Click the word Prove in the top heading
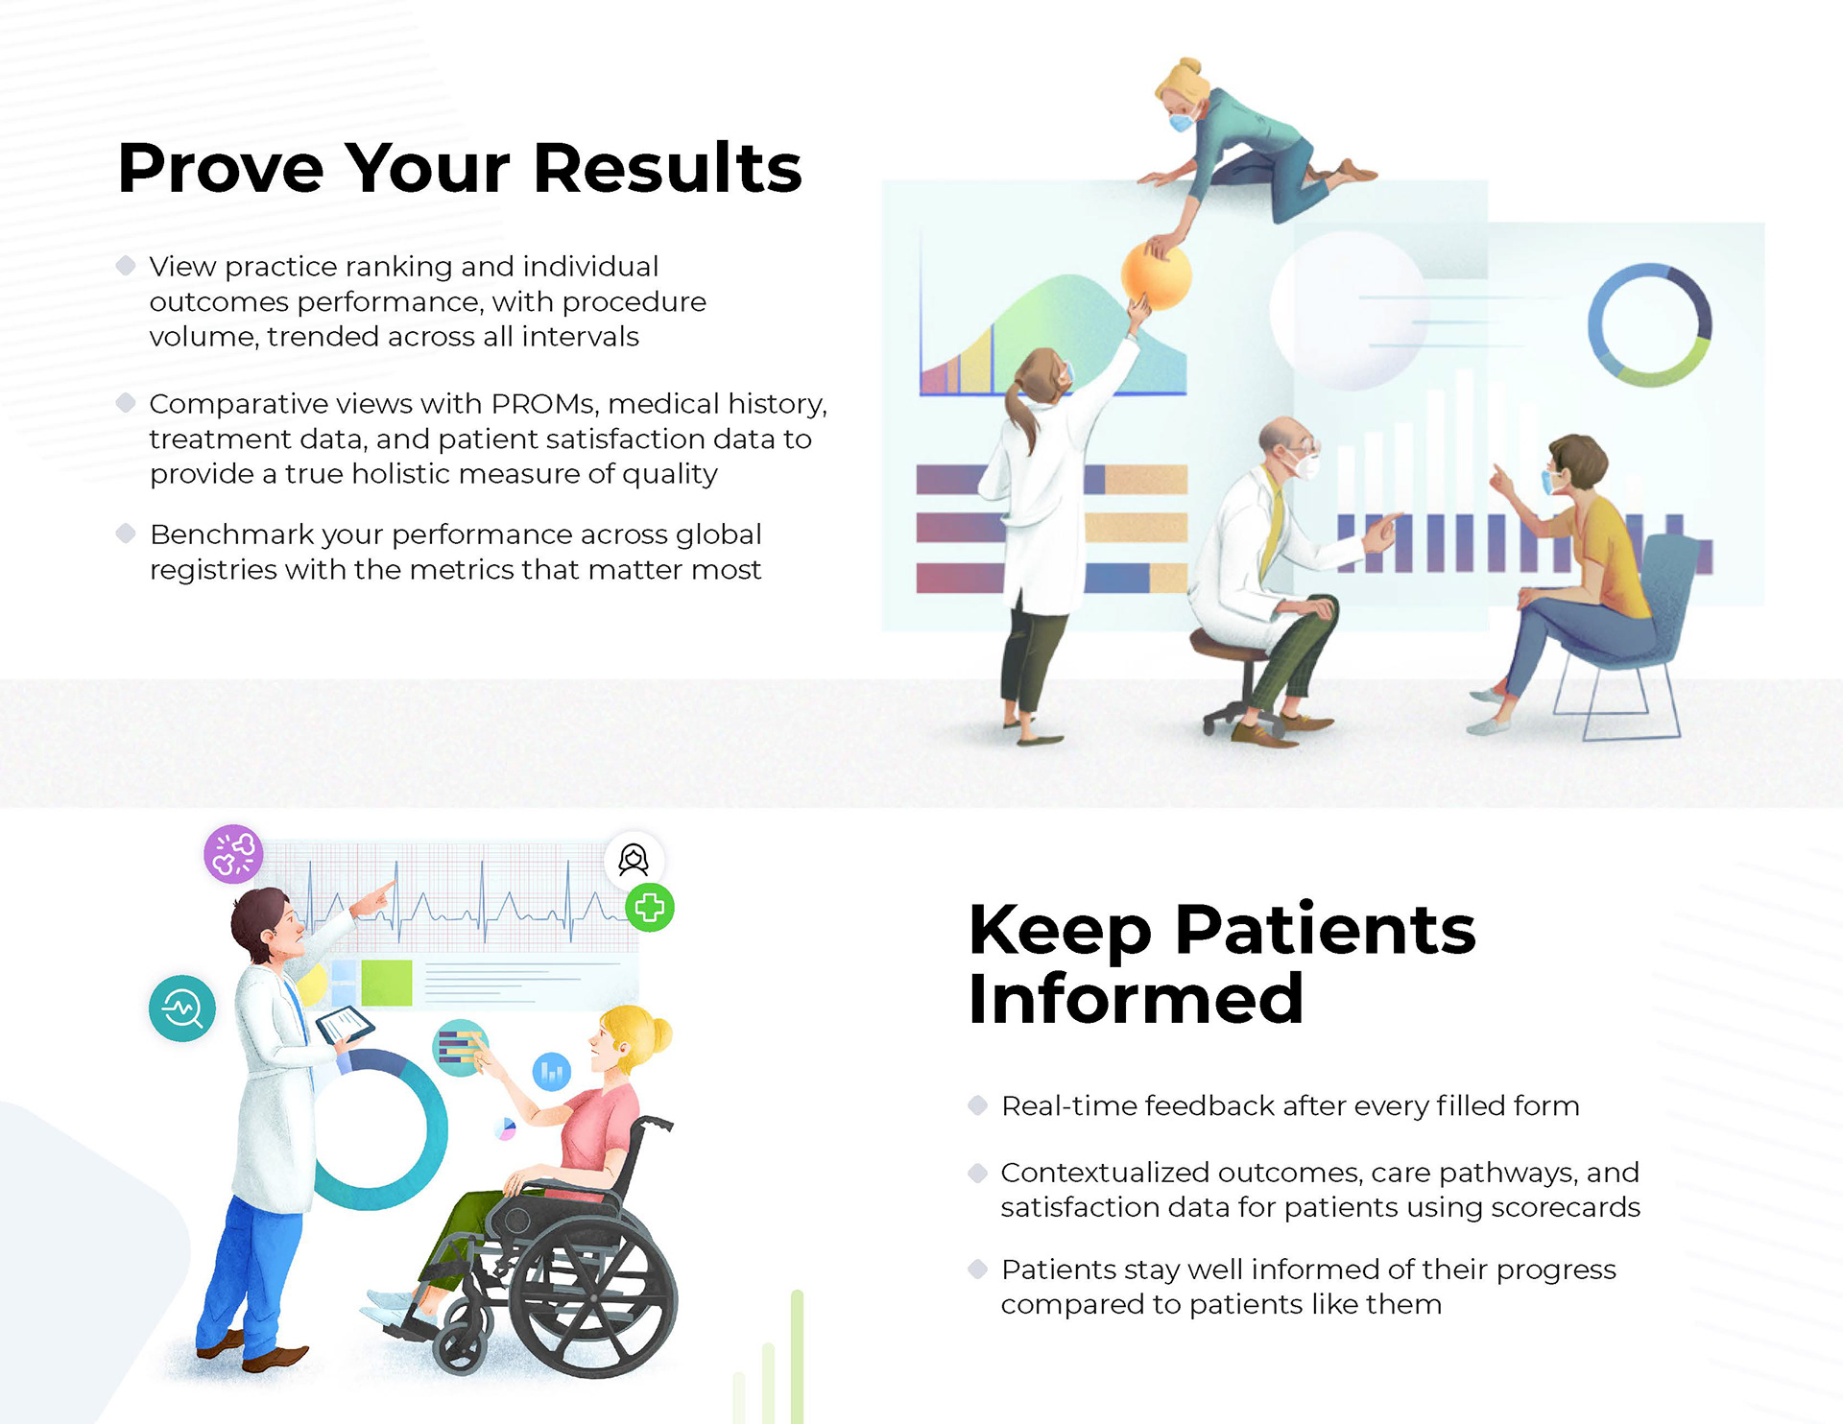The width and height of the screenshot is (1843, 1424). (221, 168)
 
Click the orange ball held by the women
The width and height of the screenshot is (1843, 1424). (1156, 276)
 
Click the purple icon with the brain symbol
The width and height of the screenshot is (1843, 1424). (233, 853)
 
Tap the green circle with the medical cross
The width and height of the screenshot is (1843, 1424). (650, 908)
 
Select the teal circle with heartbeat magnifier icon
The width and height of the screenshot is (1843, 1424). (181, 1009)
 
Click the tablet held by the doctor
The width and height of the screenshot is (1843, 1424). (345, 1024)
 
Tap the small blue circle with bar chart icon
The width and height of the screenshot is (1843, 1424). (552, 1072)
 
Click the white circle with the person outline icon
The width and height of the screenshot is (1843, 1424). (634, 860)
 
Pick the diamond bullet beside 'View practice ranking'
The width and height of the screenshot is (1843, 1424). (126, 266)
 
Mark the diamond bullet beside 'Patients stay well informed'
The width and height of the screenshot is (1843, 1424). (978, 1270)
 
